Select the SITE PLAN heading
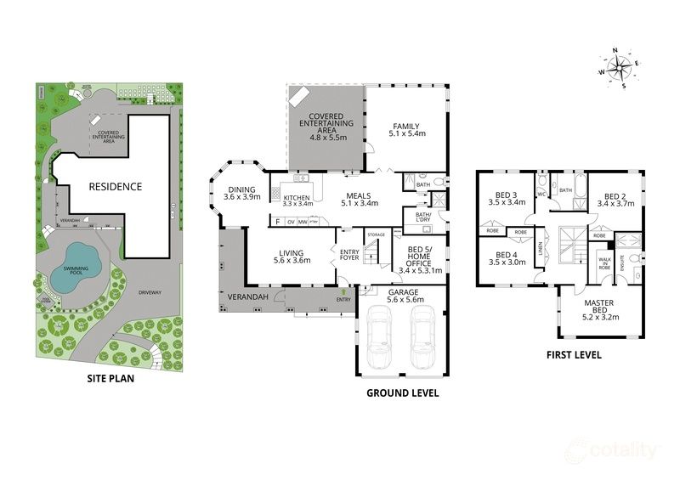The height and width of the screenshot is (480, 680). (x=110, y=380)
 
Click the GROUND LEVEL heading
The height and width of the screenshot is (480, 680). (x=402, y=393)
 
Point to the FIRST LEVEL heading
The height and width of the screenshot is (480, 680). (x=574, y=354)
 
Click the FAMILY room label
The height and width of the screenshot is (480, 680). (x=406, y=126)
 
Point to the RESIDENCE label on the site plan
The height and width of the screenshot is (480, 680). (x=117, y=187)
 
